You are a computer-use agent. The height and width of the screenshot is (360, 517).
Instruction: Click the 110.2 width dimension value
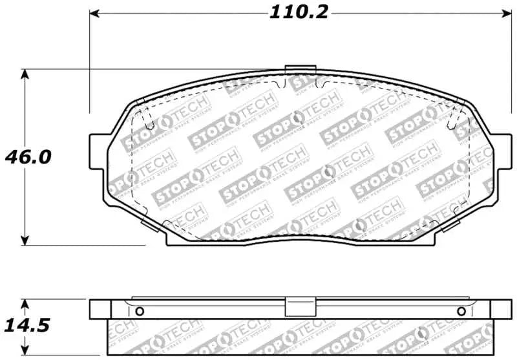(x=299, y=12)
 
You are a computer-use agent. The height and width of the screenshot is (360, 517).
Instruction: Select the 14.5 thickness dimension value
(x=26, y=324)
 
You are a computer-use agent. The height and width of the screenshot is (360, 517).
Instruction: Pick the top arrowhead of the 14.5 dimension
(x=25, y=302)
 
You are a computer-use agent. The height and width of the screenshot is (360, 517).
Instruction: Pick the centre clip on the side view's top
(x=299, y=307)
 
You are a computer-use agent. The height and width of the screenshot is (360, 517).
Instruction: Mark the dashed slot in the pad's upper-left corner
(x=146, y=118)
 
